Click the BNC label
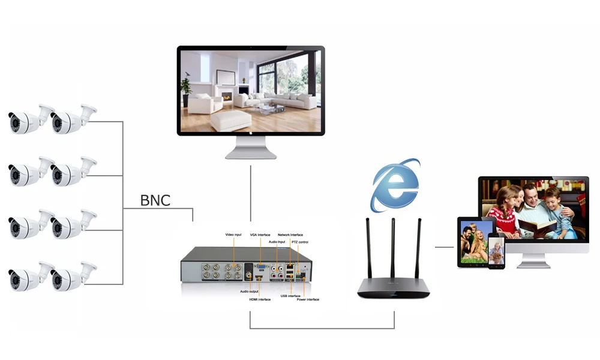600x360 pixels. pyautogui.click(x=155, y=200)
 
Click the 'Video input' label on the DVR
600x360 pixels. pyautogui.click(x=233, y=234)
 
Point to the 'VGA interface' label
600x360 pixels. pyautogui.click(x=260, y=235)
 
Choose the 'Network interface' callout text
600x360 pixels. pyautogui.click(x=290, y=235)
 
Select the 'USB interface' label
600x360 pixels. pyautogui.click(x=290, y=295)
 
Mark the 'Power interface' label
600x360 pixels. pyautogui.click(x=308, y=299)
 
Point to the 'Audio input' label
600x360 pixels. pyautogui.click(x=277, y=241)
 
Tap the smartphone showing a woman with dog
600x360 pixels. pyautogui.click(x=496, y=251)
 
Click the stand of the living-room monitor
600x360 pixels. pyautogui.click(x=251, y=148)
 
